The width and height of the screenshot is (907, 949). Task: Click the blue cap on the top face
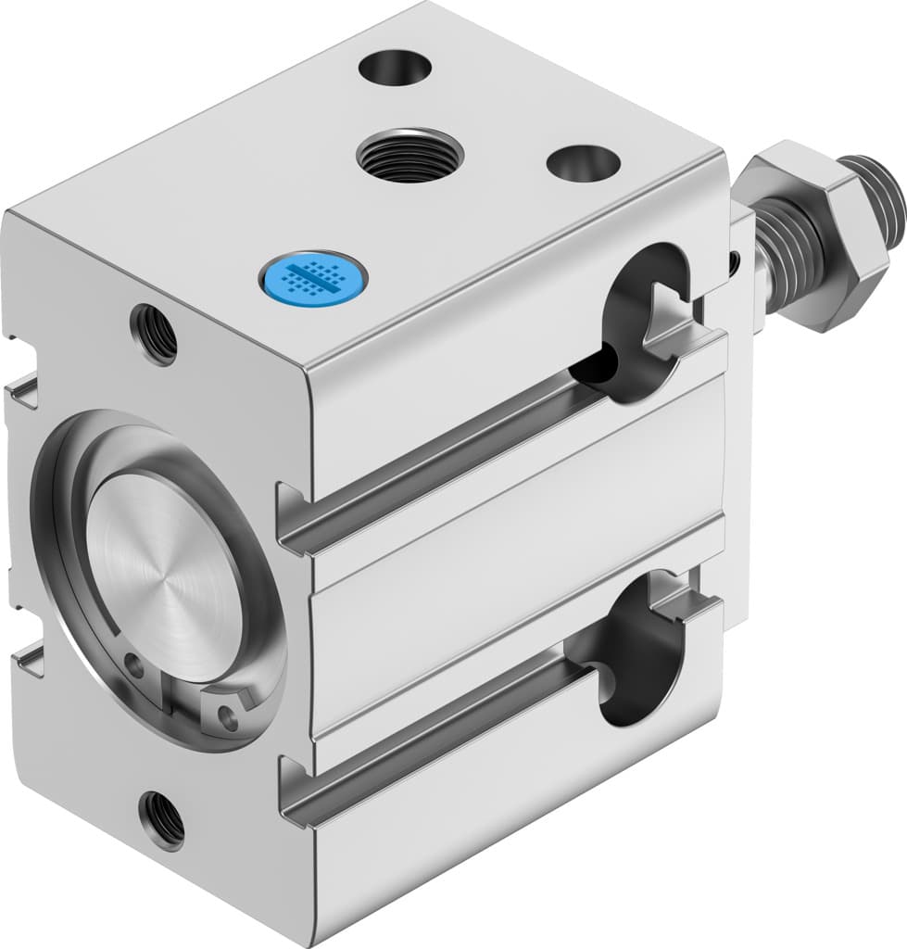tap(311, 275)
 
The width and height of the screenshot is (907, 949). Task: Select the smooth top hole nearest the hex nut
tap(583, 163)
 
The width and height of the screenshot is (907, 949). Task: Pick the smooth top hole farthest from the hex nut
tap(395, 68)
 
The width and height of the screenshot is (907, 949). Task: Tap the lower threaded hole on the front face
tap(162, 819)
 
